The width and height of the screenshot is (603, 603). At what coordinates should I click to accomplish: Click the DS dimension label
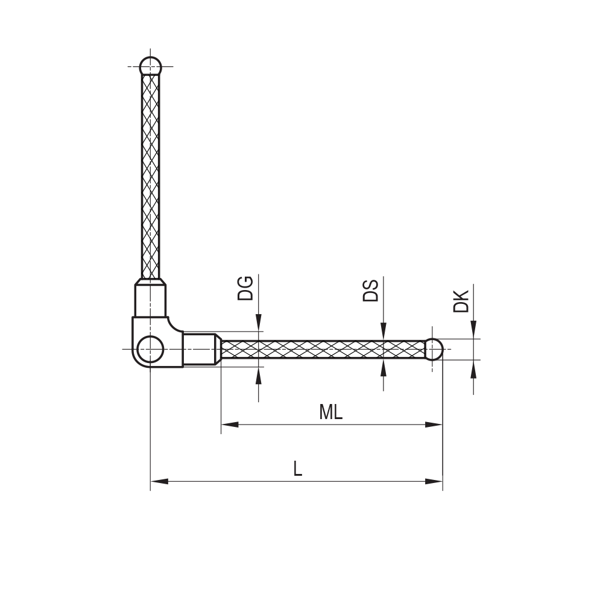pos(370,290)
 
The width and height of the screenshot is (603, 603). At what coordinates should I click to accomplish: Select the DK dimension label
pos(461,301)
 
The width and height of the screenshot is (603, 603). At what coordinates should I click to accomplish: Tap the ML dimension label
pos(330,412)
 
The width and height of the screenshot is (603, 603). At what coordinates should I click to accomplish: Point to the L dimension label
pos(297,469)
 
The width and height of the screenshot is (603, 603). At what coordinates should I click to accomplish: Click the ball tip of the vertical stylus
pos(150,66)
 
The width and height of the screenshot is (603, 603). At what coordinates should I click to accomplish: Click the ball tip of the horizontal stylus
pos(434,349)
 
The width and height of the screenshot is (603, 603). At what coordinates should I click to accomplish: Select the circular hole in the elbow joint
pos(150,349)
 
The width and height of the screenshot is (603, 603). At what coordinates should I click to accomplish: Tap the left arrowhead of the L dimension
pos(159,481)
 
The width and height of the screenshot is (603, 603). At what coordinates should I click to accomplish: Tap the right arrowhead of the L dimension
pos(434,481)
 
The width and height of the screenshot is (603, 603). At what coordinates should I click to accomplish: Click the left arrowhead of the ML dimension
pos(230,425)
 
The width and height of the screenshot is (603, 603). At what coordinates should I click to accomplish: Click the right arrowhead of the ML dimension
pos(434,425)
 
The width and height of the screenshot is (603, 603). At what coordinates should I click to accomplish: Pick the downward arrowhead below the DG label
pos(259,323)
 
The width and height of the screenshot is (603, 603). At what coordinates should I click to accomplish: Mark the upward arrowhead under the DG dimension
pos(259,375)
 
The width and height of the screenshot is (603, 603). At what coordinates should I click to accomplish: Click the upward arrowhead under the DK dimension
pos(473,368)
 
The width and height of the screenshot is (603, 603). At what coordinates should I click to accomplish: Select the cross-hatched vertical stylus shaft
pos(150,175)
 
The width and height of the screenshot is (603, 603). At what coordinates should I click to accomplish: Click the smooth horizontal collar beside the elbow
pos(200,349)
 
